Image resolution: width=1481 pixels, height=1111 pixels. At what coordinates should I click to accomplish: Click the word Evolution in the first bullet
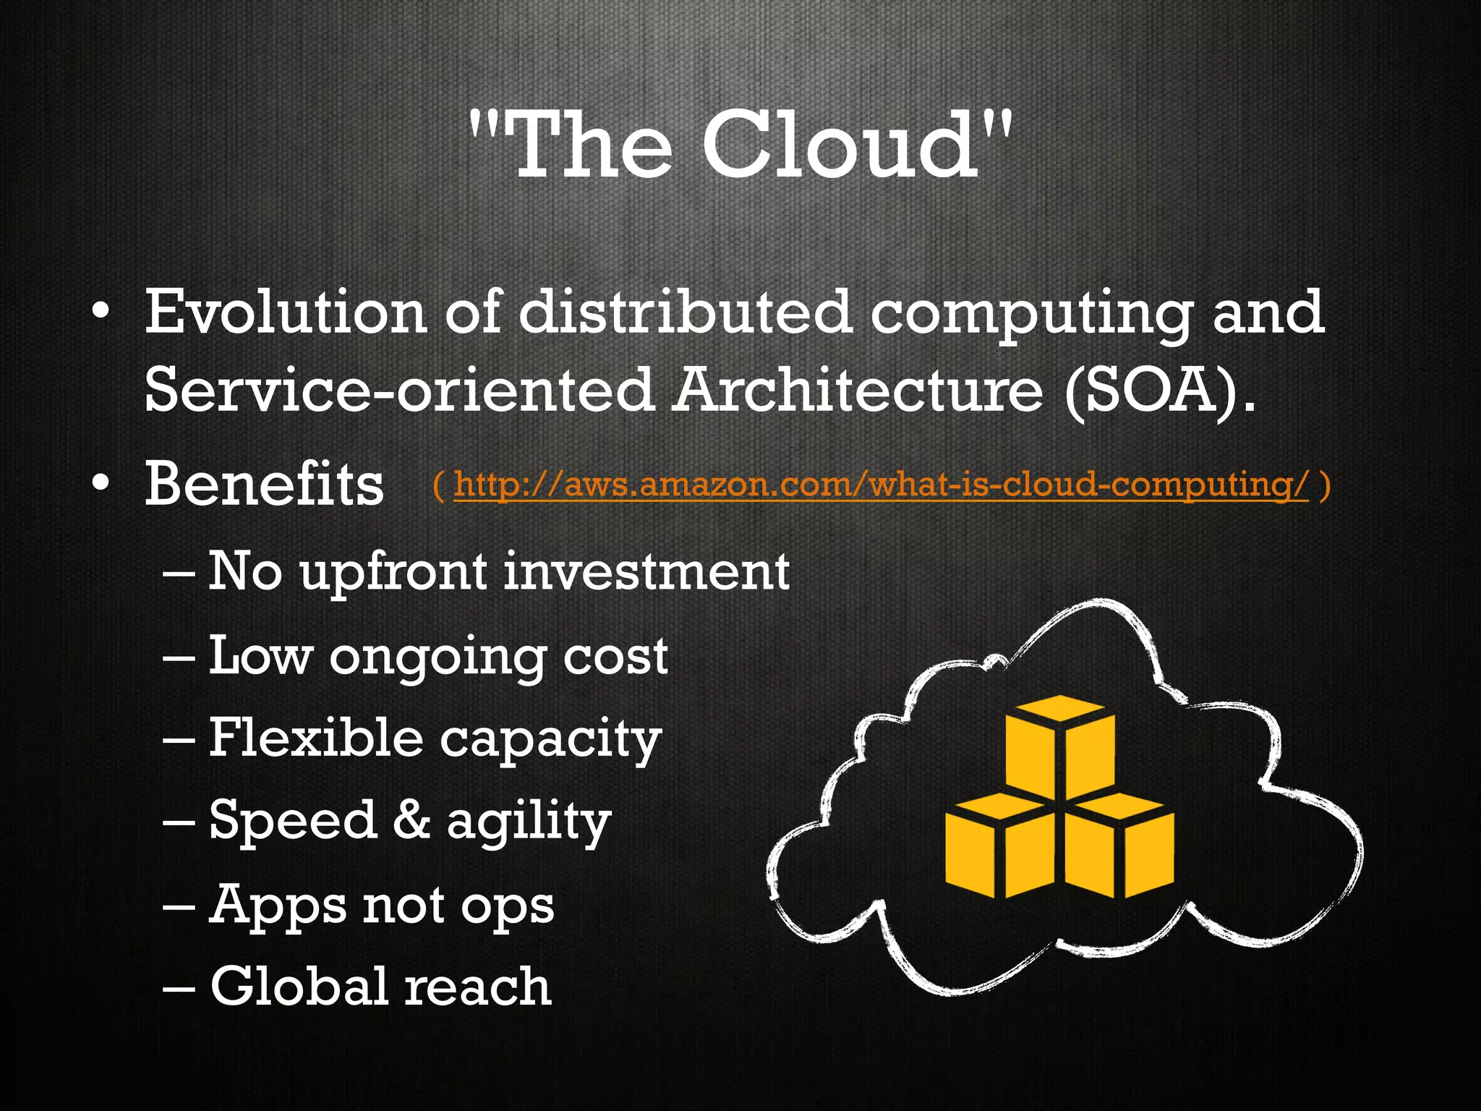pos(286,312)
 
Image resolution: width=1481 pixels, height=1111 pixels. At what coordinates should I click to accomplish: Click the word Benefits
pos(264,485)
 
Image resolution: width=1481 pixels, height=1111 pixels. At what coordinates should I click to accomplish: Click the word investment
pos(646,571)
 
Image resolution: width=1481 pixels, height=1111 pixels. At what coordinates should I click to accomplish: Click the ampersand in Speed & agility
pos(411,820)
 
